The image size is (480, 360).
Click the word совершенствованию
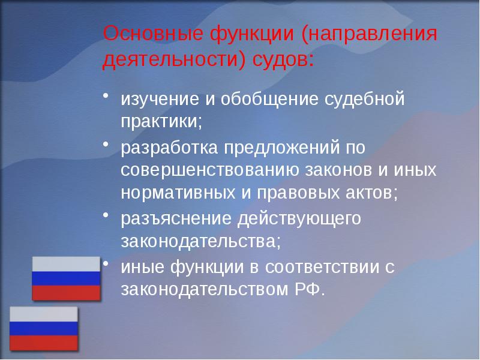pyautogui.click(x=208, y=169)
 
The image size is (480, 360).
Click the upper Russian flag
pyautogui.click(x=66, y=278)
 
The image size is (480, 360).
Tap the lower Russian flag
pyautogui.click(x=43, y=328)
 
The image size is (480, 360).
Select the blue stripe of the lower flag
pyautogui.click(x=43, y=329)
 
